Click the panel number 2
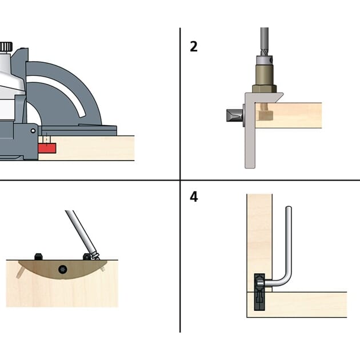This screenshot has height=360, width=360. pyautogui.click(x=194, y=47)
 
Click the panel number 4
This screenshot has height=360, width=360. pyautogui.click(x=194, y=197)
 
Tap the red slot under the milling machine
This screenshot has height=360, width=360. pyautogui.click(x=47, y=149)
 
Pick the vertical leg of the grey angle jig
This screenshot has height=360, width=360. pyautogui.click(x=249, y=143)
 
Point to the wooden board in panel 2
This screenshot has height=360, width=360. pyautogui.click(x=297, y=114)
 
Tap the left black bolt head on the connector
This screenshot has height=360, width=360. pyautogui.click(x=39, y=257)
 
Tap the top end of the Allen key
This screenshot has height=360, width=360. pyautogui.click(x=289, y=212)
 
